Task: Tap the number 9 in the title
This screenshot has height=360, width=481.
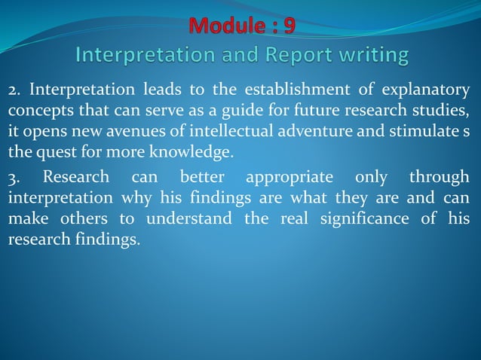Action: [288, 26]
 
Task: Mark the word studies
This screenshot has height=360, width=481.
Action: [444, 113]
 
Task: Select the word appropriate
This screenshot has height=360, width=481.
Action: [290, 178]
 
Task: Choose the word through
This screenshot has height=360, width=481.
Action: [439, 178]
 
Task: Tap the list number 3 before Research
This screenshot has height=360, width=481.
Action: [13, 178]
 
